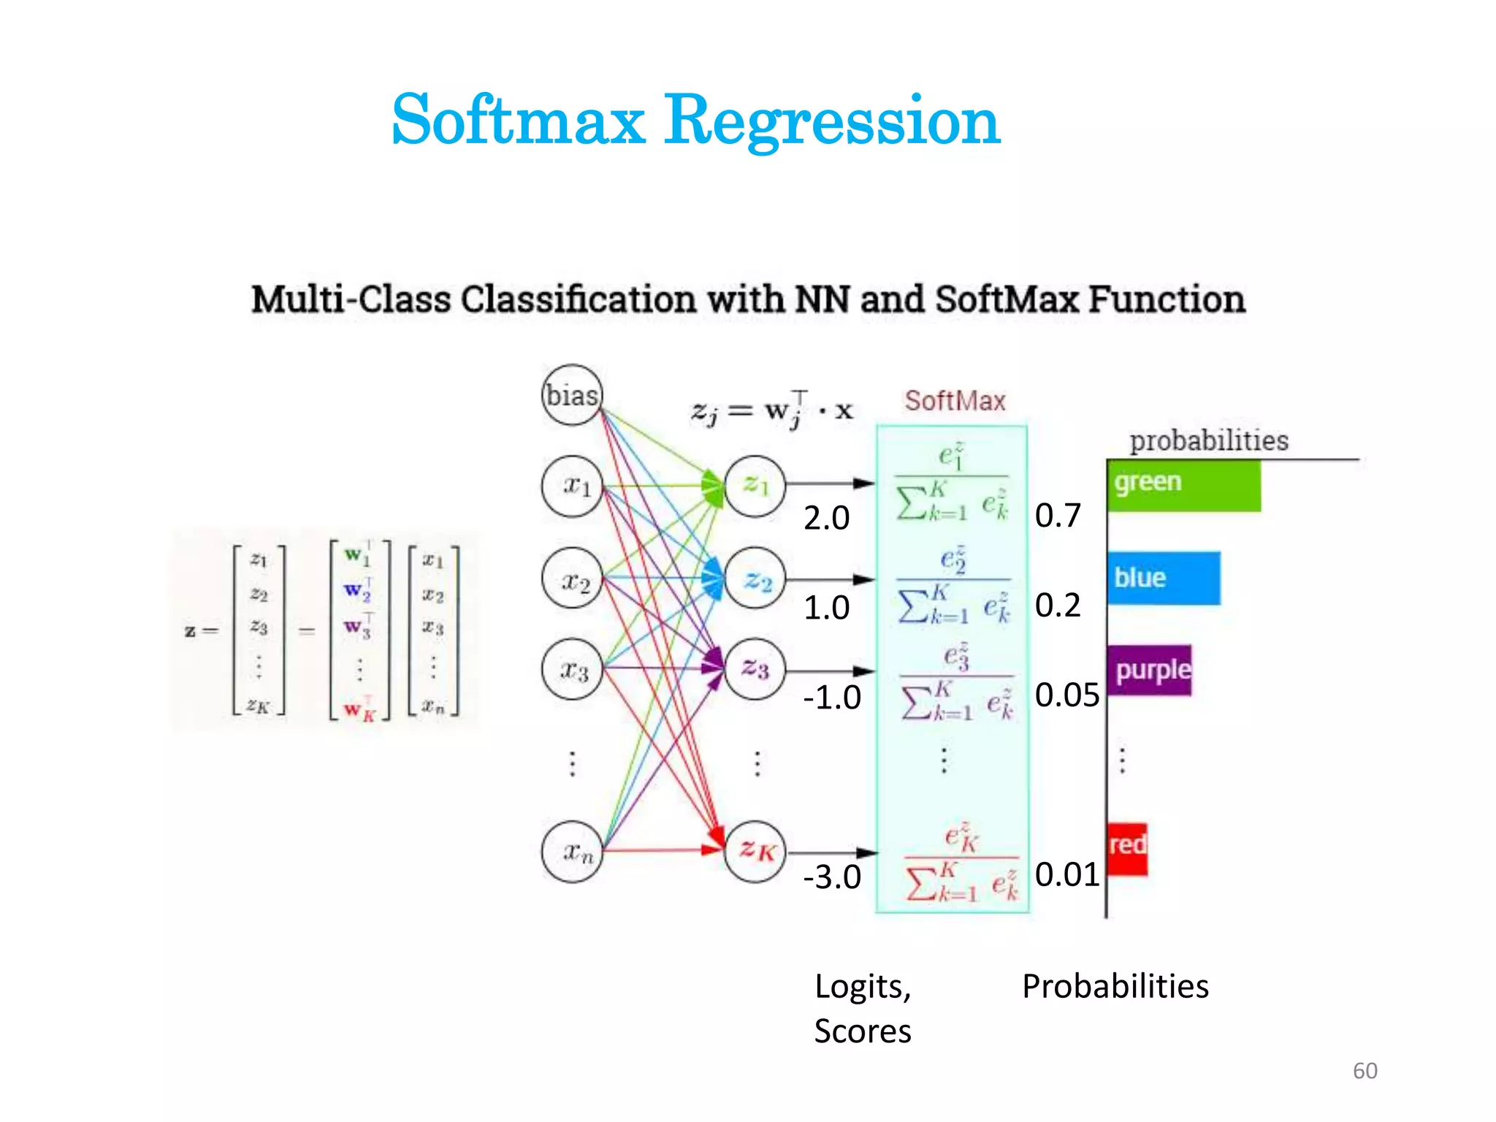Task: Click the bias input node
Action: click(572, 395)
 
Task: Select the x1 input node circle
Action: click(572, 486)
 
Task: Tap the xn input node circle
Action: click(572, 852)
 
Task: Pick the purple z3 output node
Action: click(755, 669)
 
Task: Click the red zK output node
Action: click(755, 852)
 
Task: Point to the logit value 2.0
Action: click(826, 519)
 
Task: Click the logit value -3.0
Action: click(832, 877)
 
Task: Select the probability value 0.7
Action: click(1057, 516)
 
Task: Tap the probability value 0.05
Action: click(1066, 695)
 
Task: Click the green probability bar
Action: click(1184, 484)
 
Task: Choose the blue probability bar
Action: click(1164, 578)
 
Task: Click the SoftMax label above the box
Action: click(955, 401)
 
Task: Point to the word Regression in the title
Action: click(832, 121)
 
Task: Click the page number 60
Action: click(1365, 1071)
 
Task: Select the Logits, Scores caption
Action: click(863, 1008)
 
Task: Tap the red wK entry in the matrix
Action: click(359, 709)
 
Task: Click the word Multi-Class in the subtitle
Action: click(351, 300)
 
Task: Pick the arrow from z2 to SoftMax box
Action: click(830, 580)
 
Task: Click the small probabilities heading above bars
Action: click(1209, 440)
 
